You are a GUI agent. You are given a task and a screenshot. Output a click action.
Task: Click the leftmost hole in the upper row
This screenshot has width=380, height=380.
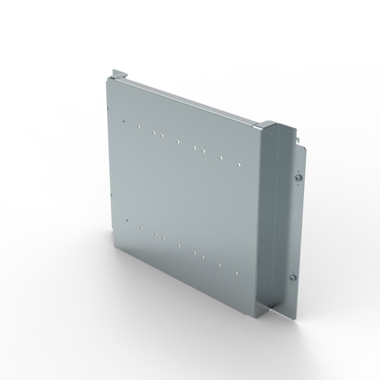(x=127, y=121)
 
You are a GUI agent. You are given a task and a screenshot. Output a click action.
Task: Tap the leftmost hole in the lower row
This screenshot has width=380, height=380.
(x=127, y=220)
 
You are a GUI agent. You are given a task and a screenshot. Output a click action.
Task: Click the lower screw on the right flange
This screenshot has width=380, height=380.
(x=293, y=278)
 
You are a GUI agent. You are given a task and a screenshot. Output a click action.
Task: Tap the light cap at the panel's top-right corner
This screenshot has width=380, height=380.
(x=268, y=122)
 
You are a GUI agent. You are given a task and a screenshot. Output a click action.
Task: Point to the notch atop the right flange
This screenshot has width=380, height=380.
(x=295, y=131)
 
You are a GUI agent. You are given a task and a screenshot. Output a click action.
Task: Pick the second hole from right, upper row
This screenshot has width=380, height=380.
(x=220, y=158)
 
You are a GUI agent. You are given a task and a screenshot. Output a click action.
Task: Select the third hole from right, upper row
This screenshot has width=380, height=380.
(x=203, y=151)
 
